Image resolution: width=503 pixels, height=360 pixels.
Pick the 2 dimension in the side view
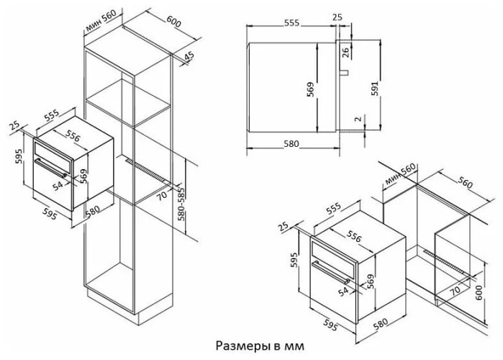click(x=356, y=119)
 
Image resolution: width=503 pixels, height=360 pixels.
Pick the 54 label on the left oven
click(x=59, y=185)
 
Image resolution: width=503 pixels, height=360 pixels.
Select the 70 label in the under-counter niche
click(x=455, y=290)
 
